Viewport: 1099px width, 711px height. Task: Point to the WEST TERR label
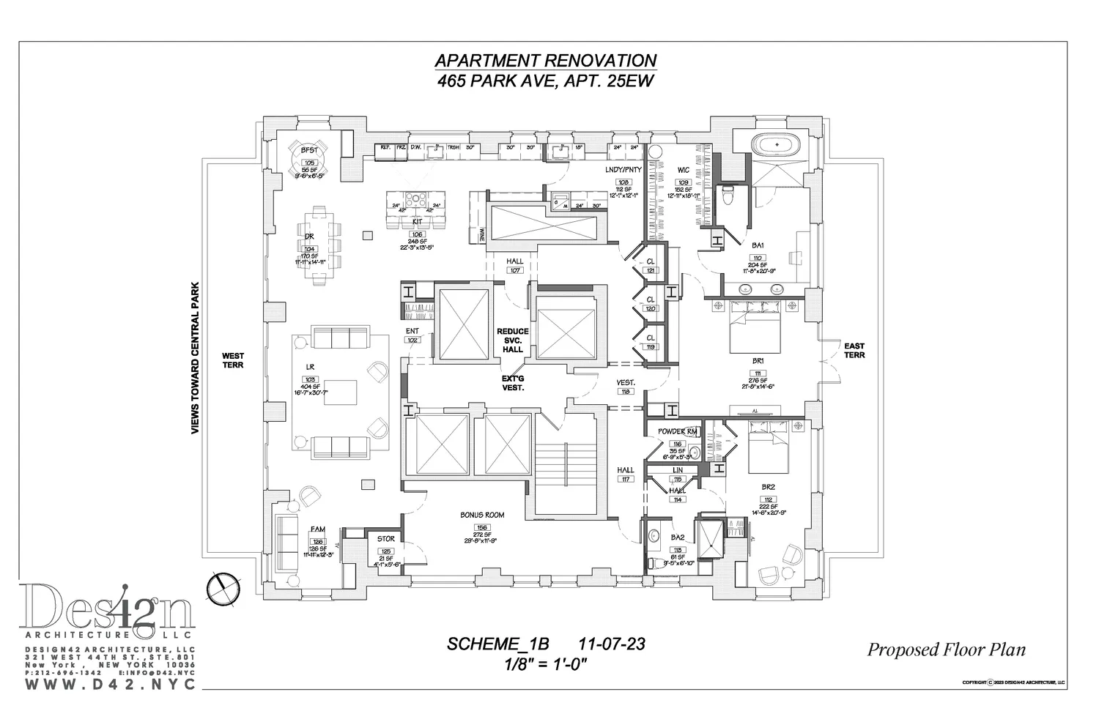click(233, 360)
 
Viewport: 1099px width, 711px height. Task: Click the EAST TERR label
click(854, 350)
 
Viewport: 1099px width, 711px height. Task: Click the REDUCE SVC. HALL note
click(513, 340)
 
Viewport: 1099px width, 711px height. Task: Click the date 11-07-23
click(611, 644)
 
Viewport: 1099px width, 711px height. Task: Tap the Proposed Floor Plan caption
click(946, 649)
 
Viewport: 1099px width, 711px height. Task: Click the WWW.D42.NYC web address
click(111, 684)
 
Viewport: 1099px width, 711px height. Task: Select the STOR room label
click(386, 540)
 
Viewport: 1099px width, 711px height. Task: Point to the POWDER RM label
click(677, 432)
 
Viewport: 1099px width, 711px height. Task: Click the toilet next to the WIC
click(728, 196)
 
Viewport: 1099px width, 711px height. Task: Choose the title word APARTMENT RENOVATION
click(545, 61)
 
